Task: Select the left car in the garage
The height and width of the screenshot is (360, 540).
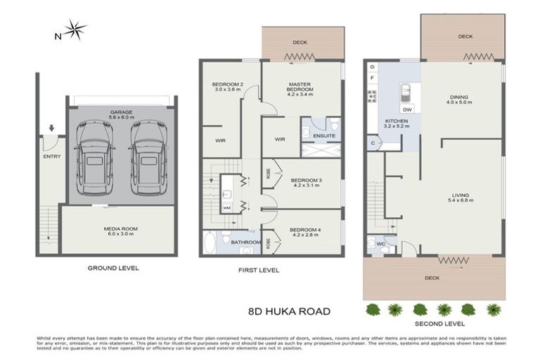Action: [x=94, y=157]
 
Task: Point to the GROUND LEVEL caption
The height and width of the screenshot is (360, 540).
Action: [x=113, y=268]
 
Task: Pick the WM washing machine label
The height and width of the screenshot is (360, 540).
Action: [x=226, y=208]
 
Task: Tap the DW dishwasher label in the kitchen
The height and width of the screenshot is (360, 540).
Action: [x=407, y=110]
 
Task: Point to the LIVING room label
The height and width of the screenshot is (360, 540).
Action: [x=461, y=198]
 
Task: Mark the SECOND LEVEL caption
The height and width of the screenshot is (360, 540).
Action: [x=439, y=323]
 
